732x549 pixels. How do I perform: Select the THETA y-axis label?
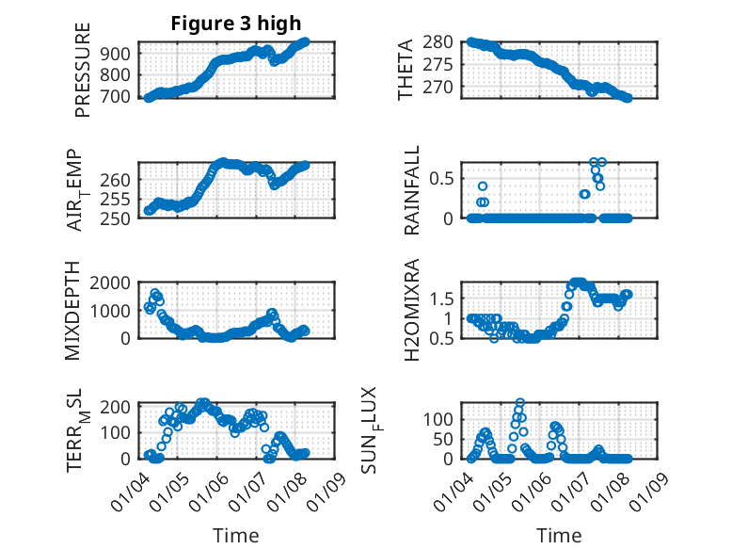[406, 70]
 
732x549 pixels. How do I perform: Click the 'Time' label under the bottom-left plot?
[236, 535]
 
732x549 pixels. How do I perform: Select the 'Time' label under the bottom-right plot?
[559, 535]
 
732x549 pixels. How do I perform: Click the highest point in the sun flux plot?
[519, 402]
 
